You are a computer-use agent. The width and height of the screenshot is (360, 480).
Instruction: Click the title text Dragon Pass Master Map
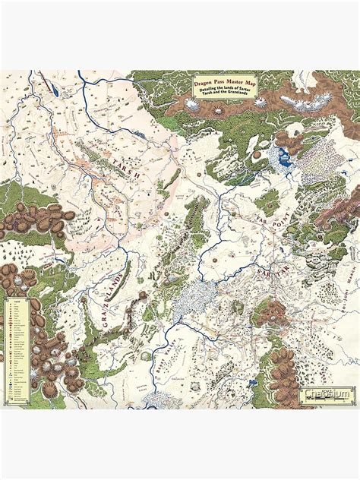[x=224, y=81]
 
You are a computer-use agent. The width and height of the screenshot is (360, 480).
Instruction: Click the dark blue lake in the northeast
[x=284, y=157]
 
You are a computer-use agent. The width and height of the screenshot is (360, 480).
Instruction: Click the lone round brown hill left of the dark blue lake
[x=256, y=155]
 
